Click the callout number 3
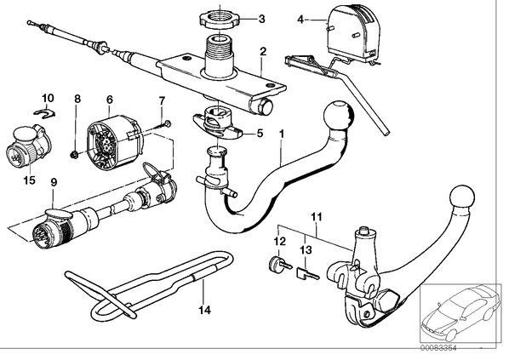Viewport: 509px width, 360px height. coord(261,19)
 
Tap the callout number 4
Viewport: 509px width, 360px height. coord(300,20)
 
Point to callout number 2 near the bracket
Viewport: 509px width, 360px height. coord(263,51)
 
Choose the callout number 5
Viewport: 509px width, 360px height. coord(260,133)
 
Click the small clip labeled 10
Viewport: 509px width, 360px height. coord(45,113)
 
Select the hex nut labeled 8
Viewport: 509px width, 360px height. coord(74,155)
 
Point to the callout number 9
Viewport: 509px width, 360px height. coord(54,182)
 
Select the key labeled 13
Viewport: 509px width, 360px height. coord(307,274)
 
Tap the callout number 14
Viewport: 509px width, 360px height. coord(205,310)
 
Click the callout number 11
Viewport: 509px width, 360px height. coord(317,217)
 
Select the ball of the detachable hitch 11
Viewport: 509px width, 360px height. coord(462,197)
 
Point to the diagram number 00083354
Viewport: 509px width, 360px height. coord(438,348)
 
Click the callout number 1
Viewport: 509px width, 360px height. coord(282,133)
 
